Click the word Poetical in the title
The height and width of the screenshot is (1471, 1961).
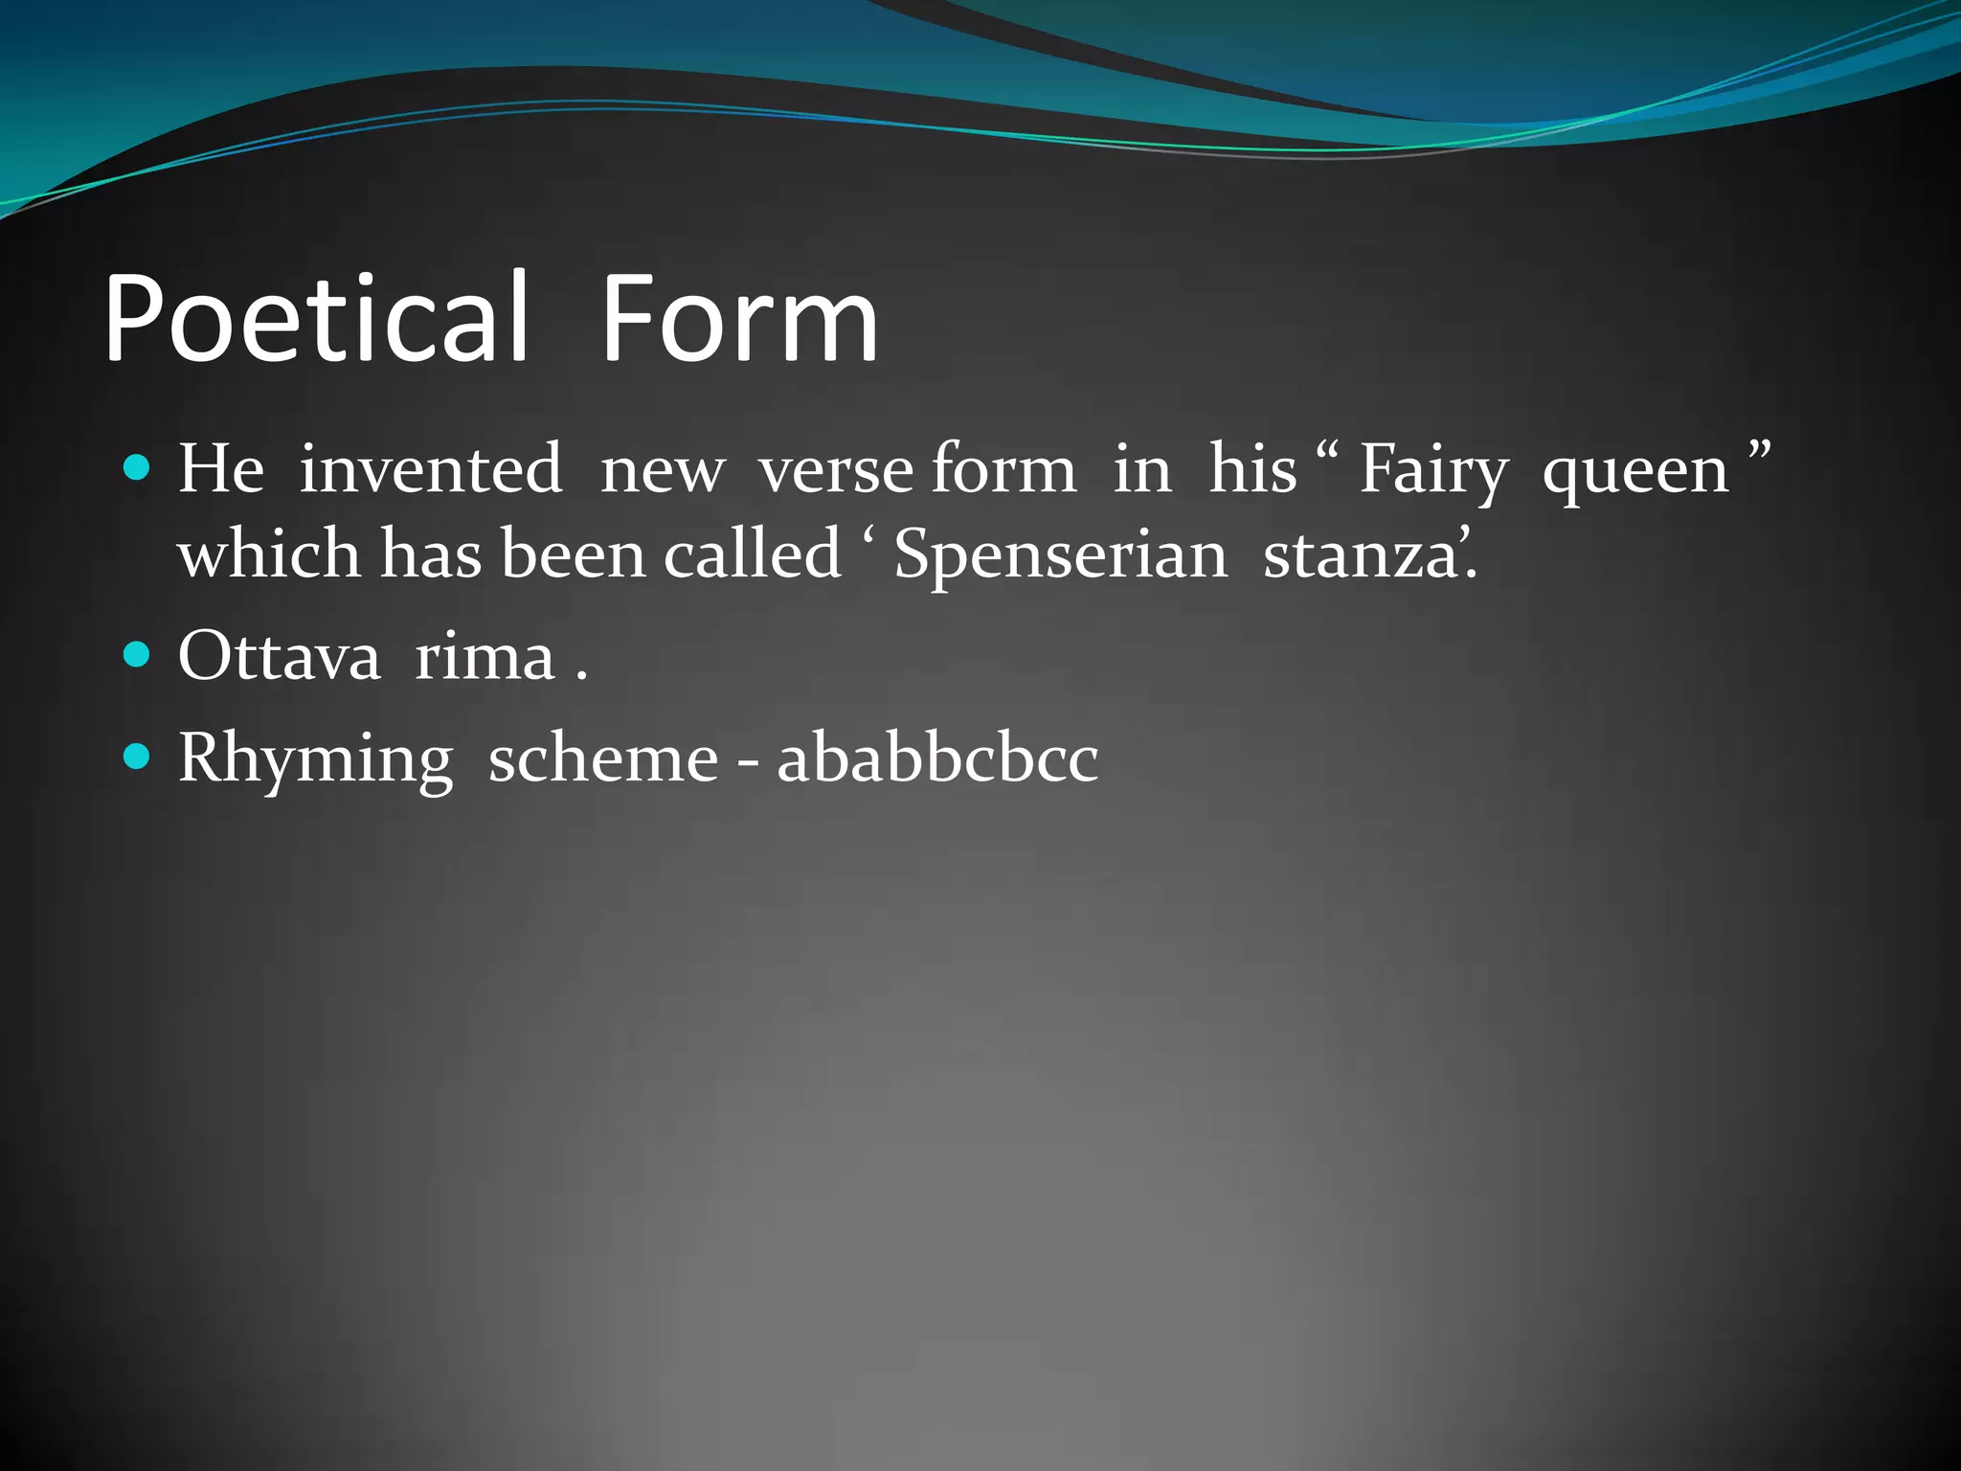coord(316,318)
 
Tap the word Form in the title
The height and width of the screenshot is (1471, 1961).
coord(739,318)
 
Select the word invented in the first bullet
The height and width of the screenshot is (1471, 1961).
coord(430,469)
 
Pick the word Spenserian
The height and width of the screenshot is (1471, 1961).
coord(1060,555)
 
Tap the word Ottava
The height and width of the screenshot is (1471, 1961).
coord(279,657)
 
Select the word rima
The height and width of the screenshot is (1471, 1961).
coord(485,657)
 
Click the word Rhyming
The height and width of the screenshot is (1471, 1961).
coord(315,758)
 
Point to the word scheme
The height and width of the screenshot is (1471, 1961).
coord(603,758)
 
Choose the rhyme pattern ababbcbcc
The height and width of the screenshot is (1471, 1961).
coord(937,758)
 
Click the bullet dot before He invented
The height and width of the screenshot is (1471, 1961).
coord(138,468)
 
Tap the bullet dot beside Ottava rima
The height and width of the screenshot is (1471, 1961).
coord(138,655)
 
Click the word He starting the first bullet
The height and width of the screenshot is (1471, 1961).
coord(221,469)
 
